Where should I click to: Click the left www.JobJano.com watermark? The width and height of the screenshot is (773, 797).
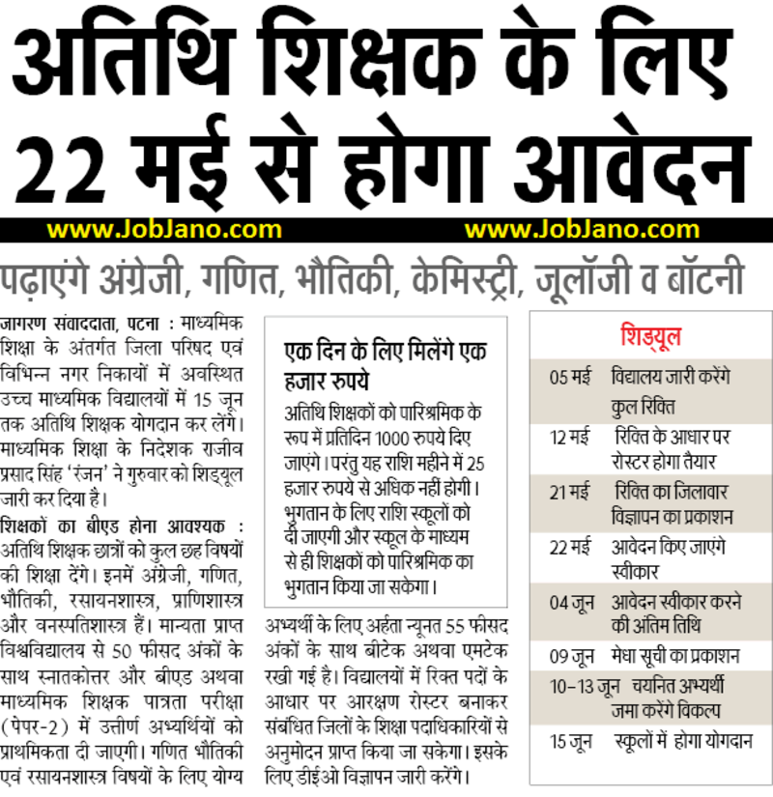click(164, 230)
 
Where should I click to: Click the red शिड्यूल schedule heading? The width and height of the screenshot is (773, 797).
click(650, 336)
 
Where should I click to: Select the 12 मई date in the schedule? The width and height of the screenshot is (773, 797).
click(570, 438)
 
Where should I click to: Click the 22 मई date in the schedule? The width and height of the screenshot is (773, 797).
click(570, 547)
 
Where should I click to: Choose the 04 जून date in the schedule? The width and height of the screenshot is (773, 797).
click(572, 602)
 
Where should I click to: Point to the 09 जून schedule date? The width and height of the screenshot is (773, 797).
click(572, 657)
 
